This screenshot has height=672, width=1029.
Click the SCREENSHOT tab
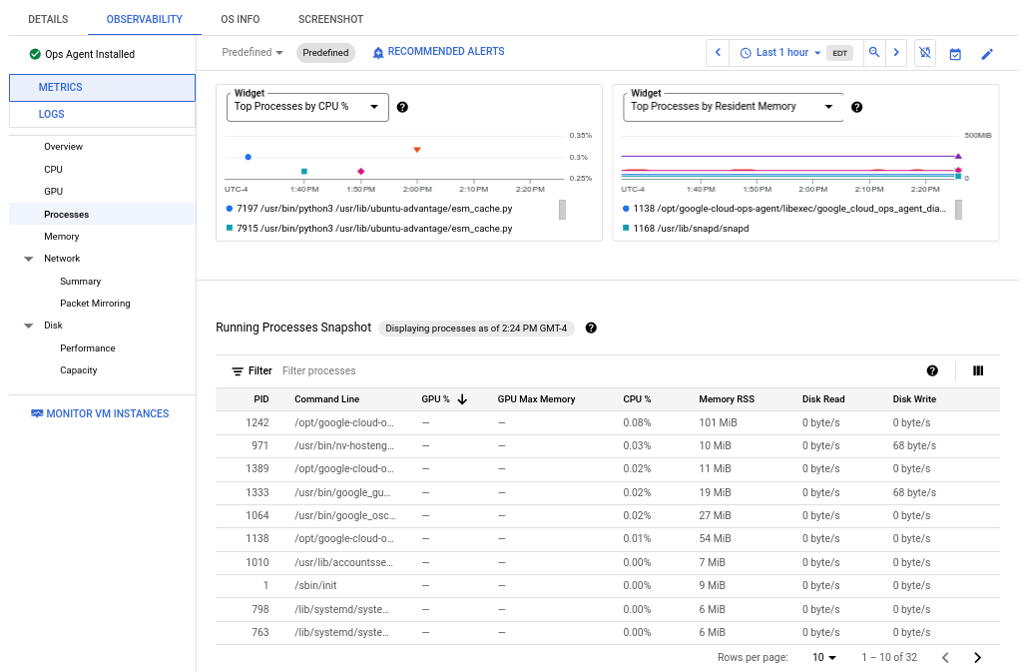coord(330,19)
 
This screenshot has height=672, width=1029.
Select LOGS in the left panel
coord(52,114)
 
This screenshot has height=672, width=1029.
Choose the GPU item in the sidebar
coord(54,191)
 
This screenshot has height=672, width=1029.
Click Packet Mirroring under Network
coord(95,303)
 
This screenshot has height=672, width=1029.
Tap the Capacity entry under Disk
coord(79,370)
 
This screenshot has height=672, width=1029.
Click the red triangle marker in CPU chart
coord(417,150)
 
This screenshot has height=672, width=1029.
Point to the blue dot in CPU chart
coord(248,157)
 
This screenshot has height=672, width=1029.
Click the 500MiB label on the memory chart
coord(977,135)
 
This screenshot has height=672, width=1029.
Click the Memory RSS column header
coord(727,399)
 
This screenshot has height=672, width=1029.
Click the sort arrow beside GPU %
coord(462,399)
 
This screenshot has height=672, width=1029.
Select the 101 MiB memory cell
coord(716,422)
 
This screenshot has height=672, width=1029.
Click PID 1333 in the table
coord(257,492)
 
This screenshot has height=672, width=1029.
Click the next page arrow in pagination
coord(977,657)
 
